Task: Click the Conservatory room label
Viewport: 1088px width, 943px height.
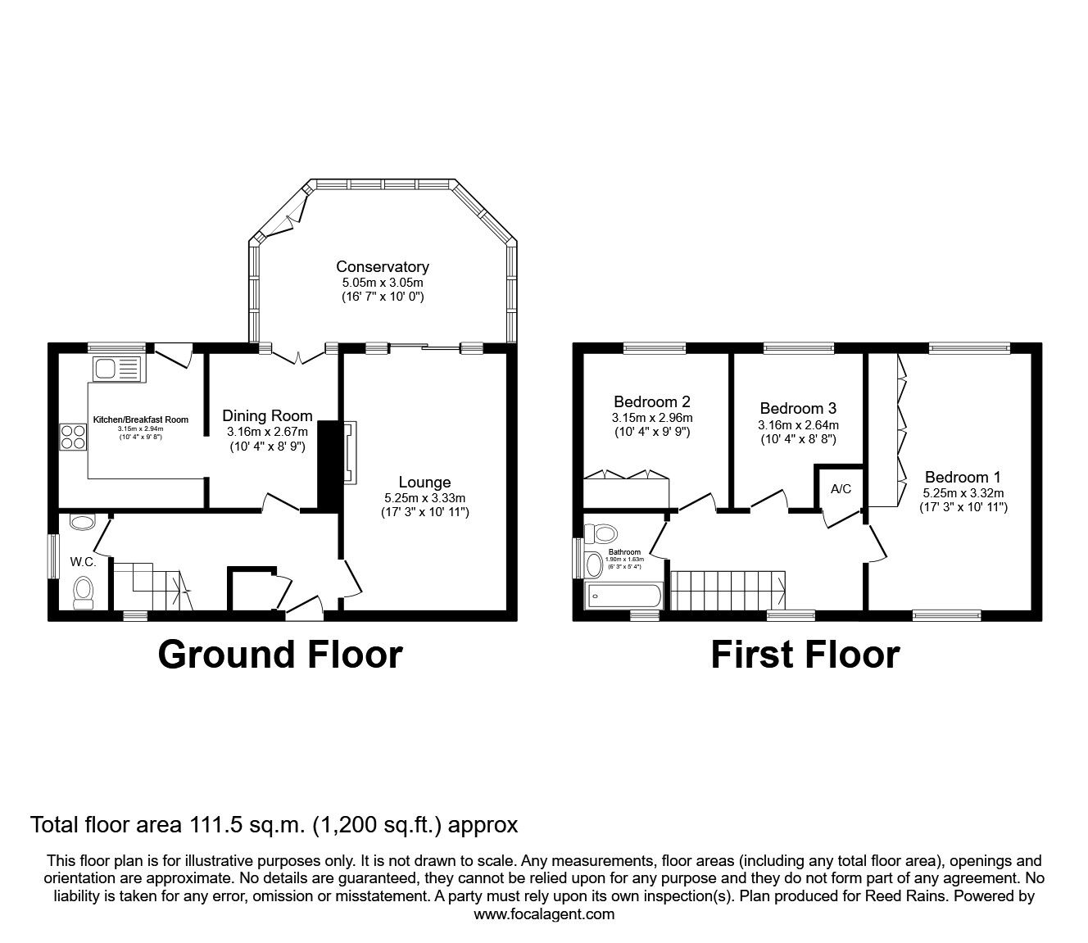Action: (x=382, y=267)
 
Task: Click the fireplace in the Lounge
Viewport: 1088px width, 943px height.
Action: (x=350, y=453)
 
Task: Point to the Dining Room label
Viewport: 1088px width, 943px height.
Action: (x=267, y=416)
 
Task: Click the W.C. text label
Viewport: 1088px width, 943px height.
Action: (x=84, y=562)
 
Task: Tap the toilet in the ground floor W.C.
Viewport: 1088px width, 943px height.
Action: (x=84, y=592)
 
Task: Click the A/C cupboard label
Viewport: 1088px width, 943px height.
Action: (x=841, y=489)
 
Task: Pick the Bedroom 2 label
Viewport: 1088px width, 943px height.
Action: (x=651, y=401)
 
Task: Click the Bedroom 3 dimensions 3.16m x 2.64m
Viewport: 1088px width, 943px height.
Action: (x=799, y=425)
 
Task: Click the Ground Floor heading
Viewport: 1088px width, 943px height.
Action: (x=280, y=655)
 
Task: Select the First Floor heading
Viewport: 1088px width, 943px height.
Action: (x=805, y=655)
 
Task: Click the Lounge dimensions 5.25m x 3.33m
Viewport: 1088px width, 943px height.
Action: (x=424, y=497)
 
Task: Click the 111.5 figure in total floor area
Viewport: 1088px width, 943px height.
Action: (x=215, y=824)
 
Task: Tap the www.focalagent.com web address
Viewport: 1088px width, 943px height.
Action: (x=544, y=914)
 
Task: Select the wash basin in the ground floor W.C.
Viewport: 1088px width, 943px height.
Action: (x=83, y=522)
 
